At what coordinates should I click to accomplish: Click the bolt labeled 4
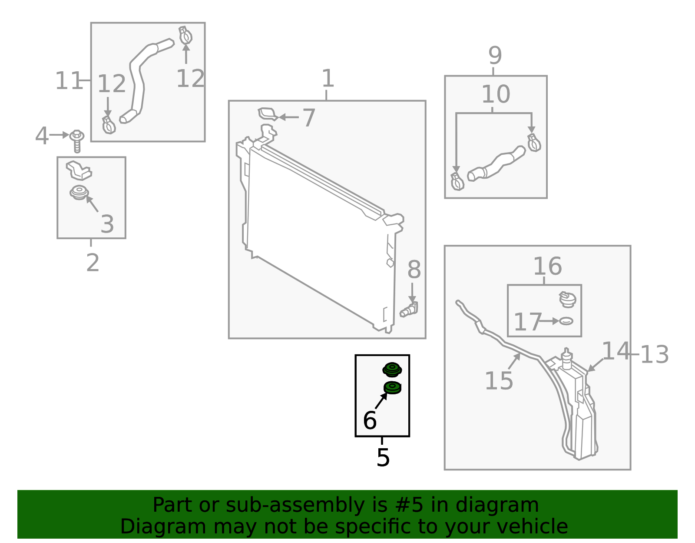[77, 141]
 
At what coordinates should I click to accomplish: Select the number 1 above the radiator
[328, 78]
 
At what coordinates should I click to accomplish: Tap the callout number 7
[309, 117]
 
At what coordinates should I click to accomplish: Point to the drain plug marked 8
[409, 310]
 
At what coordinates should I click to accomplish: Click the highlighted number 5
[383, 458]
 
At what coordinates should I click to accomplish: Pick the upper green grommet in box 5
[392, 370]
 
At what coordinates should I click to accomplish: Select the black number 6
[370, 420]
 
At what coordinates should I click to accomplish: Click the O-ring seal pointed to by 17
[566, 321]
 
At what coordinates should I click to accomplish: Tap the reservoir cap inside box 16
[567, 300]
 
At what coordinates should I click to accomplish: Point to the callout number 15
[499, 381]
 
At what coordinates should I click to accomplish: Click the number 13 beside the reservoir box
[654, 354]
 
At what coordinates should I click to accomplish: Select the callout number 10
[496, 94]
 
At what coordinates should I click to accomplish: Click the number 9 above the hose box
[495, 55]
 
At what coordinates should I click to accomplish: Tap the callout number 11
[68, 80]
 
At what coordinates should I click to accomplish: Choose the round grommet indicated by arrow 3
[79, 192]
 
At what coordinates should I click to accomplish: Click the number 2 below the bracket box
[93, 263]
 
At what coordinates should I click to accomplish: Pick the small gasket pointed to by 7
[268, 114]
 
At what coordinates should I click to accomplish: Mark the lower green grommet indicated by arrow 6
[392, 388]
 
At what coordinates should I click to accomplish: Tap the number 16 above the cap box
[548, 266]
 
